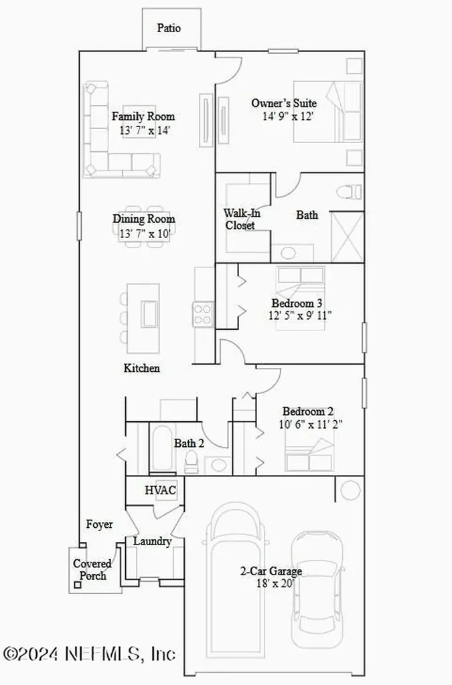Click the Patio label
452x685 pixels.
click(169, 28)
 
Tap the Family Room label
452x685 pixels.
click(143, 116)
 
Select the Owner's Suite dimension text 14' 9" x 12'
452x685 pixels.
click(287, 116)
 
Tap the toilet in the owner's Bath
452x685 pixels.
click(349, 192)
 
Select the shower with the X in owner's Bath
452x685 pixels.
click(348, 236)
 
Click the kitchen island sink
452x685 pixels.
click(149, 314)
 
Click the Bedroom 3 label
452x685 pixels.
click(293, 302)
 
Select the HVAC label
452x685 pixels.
click(161, 490)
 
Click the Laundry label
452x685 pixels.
click(152, 541)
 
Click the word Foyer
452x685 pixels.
click(99, 524)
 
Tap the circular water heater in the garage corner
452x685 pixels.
click(350, 490)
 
